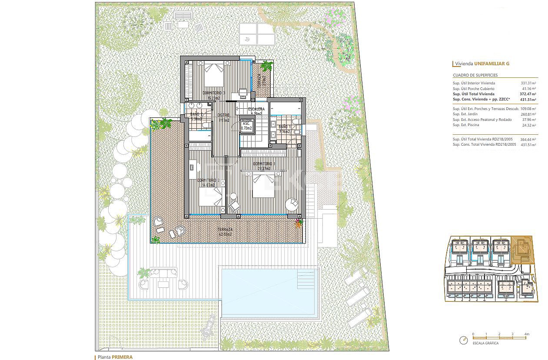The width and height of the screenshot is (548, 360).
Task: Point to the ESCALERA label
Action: [256, 109]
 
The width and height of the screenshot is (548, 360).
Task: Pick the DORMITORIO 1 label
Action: [264, 164]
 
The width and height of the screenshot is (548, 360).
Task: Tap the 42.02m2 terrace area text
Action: [225, 234]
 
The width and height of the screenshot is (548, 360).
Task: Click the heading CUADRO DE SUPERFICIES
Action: [475, 75]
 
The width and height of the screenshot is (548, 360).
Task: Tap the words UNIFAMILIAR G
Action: [492, 64]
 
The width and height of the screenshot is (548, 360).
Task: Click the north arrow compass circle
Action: [464, 341]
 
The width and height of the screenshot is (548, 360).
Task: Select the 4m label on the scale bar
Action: [527, 334]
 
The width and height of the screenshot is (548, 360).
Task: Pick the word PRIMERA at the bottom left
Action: [122, 357]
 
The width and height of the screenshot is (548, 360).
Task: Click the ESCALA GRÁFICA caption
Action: [486, 343]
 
